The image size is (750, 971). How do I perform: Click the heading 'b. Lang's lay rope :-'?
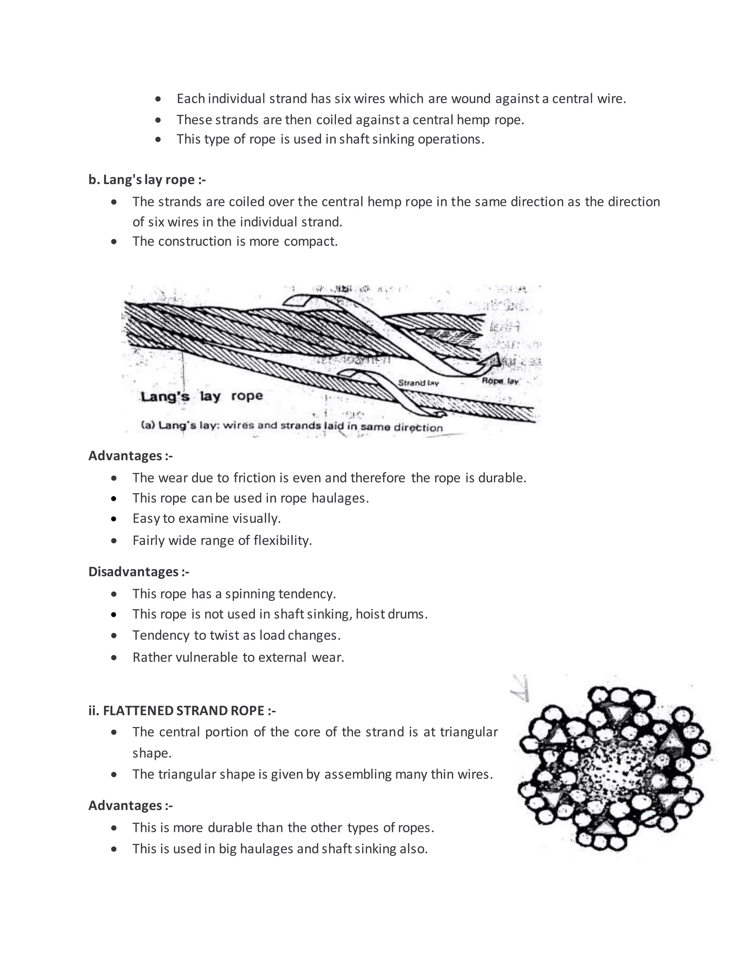147,180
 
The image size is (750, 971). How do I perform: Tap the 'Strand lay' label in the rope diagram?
418,383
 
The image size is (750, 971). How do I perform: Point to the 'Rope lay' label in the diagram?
500,381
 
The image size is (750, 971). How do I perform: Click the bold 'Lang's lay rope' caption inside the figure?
202,396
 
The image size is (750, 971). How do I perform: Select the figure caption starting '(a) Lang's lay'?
292,426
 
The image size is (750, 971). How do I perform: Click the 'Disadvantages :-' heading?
139,571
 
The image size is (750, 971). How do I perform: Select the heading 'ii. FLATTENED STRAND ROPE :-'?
182,710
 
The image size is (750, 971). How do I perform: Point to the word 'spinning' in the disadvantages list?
250,594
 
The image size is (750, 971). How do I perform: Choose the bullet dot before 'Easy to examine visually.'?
114,518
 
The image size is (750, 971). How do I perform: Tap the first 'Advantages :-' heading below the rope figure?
130,456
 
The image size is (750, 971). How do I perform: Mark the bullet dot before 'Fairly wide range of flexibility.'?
114,540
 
